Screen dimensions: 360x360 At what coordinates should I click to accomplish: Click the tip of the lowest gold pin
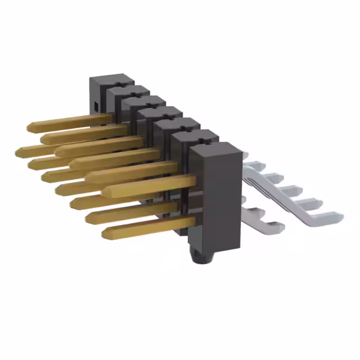(x=105, y=232)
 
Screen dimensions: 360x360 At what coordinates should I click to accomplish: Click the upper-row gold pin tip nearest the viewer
(x=105, y=189)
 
